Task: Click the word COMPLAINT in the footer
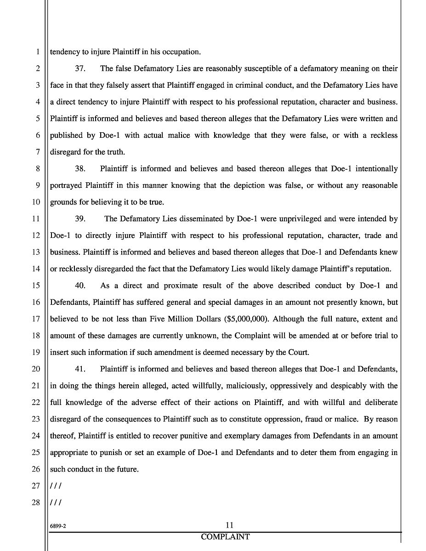225,537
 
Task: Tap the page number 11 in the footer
230,525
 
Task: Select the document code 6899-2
58,527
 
